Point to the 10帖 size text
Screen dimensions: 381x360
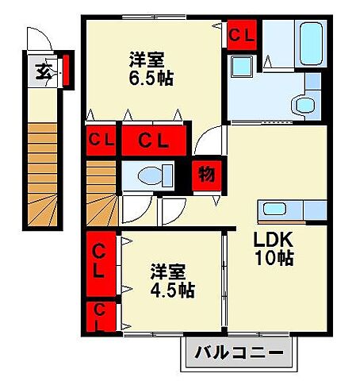(x=274, y=259)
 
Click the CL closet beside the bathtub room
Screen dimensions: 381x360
(x=241, y=36)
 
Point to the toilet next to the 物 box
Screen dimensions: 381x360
(x=154, y=175)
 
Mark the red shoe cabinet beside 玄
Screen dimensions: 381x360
(x=67, y=70)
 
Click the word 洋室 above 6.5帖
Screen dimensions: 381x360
(x=147, y=60)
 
